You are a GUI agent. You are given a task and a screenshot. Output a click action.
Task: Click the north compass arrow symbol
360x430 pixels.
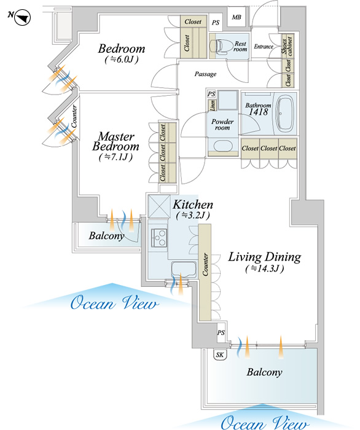tap(23, 18)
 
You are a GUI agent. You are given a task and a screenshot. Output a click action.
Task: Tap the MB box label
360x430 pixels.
tap(237, 17)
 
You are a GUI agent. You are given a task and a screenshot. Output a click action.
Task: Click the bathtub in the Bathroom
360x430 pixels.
tap(285, 113)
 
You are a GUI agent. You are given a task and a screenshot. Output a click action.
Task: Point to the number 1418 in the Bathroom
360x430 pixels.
tap(258, 112)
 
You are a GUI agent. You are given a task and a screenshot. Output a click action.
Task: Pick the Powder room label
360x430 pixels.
tap(222, 125)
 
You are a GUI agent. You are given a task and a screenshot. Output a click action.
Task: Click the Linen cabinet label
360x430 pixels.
tap(213, 105)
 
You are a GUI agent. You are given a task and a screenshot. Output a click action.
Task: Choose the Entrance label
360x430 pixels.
tap(264, 46)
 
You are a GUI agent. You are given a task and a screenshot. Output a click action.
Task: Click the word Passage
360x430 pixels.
tap(205, 74)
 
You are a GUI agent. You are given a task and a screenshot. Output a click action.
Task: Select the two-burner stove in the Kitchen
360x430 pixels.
tap(158, 238)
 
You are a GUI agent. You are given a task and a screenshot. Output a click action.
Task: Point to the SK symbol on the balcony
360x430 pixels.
tap(220, 354)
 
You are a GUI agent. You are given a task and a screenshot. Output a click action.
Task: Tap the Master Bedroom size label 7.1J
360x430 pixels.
tap(116, 157)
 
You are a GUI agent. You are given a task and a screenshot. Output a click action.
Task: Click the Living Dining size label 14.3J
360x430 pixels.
tap(265, 268)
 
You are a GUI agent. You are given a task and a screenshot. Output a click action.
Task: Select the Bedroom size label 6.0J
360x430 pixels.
tap(122, 59)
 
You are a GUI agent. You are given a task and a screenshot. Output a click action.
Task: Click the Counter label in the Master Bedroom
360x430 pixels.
tap(74, 117)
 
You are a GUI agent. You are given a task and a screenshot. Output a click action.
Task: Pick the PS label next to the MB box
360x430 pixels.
tap(216, 23)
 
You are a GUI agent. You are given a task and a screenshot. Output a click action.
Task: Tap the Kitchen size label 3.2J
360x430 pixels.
tap(193, 215)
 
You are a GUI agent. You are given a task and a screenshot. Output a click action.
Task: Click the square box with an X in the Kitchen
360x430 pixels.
tap(159, 206)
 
